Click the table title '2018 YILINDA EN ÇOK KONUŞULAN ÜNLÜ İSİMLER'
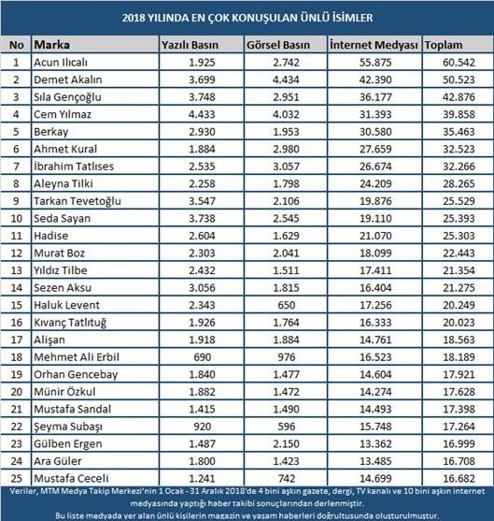247,17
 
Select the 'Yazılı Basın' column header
191,45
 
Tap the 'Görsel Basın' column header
278,45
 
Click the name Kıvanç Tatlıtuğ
72,322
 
